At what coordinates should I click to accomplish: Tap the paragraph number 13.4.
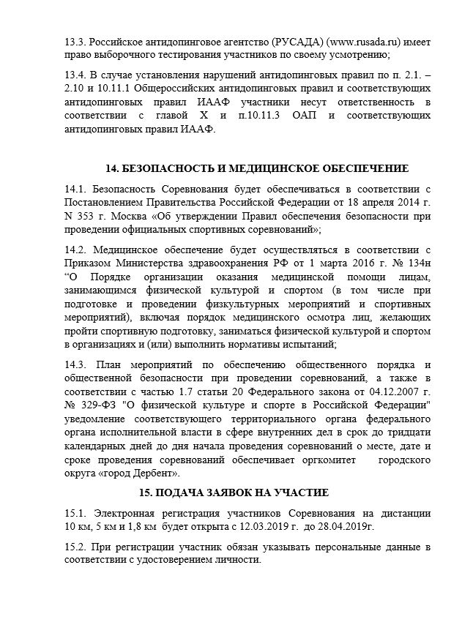coord(75,75)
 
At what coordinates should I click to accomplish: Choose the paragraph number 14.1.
coord(75,190)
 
